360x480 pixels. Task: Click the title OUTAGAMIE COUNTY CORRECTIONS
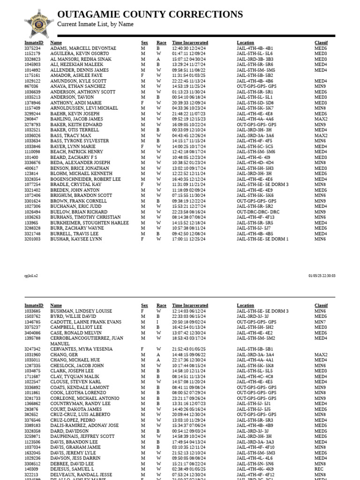click(150, 15)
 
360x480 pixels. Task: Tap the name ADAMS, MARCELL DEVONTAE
click(83, 48)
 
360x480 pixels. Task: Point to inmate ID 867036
click(31, 87)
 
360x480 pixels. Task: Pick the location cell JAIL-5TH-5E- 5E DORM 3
click(262, 185)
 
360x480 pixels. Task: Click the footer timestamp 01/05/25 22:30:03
click(322, 276)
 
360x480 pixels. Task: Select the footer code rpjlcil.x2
click(31, 276)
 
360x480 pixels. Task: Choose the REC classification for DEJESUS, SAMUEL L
click(318, 469)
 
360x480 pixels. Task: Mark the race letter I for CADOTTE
click(158, 322)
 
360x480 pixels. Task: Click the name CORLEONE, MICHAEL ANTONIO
click(84, 398)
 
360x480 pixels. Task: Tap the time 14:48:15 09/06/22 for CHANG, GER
click(189, 354)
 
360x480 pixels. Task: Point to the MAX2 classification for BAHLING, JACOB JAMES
click(321, 120)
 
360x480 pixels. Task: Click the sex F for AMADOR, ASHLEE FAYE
click(142, 75)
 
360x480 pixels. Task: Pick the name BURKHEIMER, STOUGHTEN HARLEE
click(89, 223)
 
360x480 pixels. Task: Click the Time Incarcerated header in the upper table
click(190, 43)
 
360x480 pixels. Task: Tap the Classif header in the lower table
click(321, 306)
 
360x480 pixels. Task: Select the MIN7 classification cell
click(320, 322)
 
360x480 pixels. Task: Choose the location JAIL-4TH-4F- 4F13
click(255, 217)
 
